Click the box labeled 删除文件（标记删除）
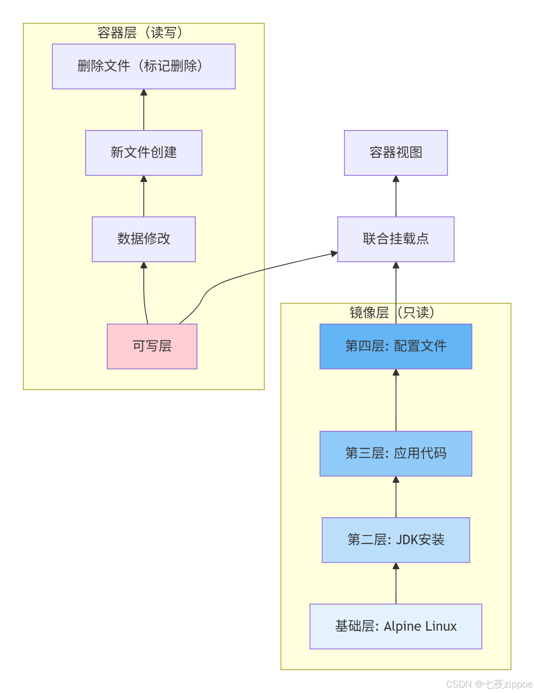click(143, 66)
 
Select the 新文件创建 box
click(143, 152)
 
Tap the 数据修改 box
click(143, 239)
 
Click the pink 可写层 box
click(152, 346)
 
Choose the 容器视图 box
click(396, 152)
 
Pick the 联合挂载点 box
click(396, 239)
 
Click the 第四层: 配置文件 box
click(396, 346)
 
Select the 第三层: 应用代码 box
click(396, 453)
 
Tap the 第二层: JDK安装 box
click(396, 540)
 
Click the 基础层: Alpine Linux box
click(396, 626)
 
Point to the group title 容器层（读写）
click(140, 33)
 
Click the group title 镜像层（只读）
click(392, 312)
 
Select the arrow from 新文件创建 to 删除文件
click(144, 110)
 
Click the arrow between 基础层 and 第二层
click(396, 584)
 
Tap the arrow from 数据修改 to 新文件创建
click(144, 196)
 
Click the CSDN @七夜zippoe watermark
click(489, 684)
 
